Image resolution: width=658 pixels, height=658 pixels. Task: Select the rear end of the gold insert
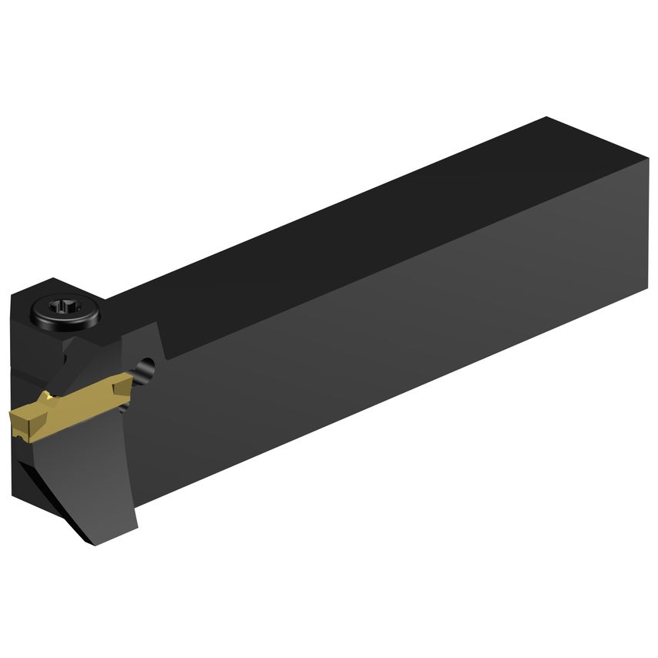click(x=136, y=377)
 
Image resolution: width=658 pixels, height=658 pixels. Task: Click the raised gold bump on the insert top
click(x=48, y=397)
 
